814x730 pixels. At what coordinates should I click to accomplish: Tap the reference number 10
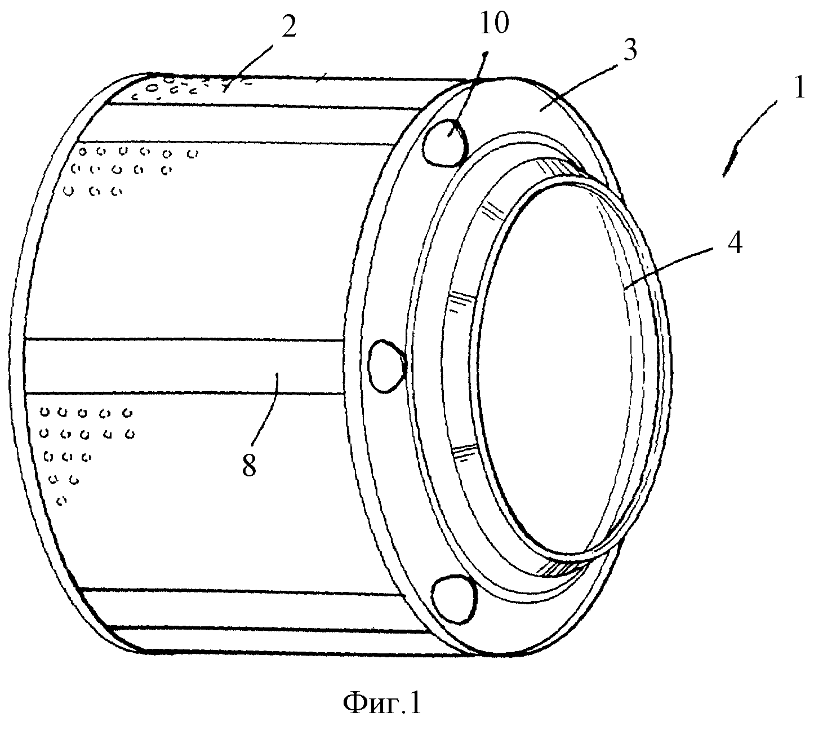[494, 23]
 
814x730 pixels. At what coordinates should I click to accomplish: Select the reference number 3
[630, 51]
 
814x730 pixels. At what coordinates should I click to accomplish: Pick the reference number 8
[249, 466]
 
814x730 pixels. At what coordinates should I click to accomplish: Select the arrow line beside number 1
[749, 139]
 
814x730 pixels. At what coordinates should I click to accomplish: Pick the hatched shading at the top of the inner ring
[559, 167]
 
